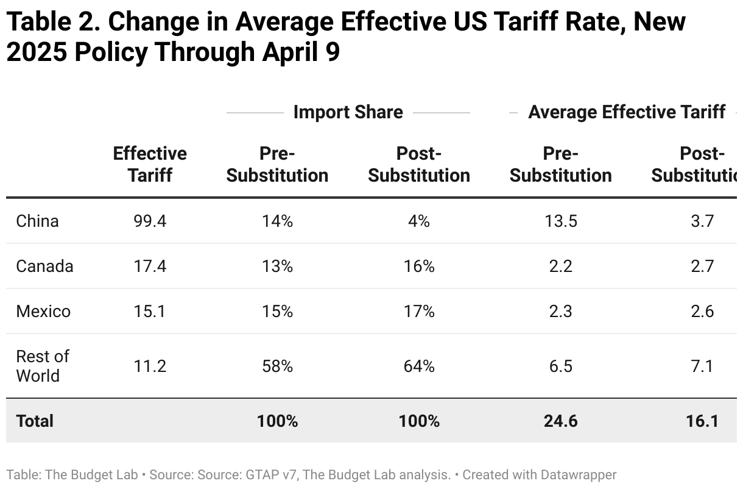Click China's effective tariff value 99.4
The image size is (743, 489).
(x=150, y=221)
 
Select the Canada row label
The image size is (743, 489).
(x=44, y=266)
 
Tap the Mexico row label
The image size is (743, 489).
(x=43, y=311)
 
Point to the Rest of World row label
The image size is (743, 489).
(x=42, y=366)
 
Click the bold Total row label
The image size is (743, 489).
(x=35, y=421)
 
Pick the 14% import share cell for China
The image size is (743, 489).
(x=277, y=221)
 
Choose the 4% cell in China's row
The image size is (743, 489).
(x=419, y=221)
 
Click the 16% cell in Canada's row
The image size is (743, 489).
(x=419, y=266)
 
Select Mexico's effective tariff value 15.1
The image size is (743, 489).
(x=150, y=311)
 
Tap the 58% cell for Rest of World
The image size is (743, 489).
(x=277, y=366)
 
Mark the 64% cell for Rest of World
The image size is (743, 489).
(x=419, y=366)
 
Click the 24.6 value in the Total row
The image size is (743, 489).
(x=560, y=421)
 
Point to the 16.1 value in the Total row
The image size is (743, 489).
(x=702, y=421)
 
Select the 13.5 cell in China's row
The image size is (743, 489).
(x=560, y=221)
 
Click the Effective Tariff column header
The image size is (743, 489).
(x=150, y=164)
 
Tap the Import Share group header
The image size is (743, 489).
(x=348, y=112)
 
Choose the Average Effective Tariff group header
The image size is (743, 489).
(x=627, y=112)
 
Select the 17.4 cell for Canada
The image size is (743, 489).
(x=150, y=266)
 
